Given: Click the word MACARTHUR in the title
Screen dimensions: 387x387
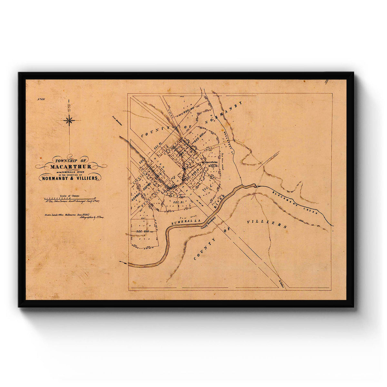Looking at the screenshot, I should point(71,167).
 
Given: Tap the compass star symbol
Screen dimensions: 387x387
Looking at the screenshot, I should point(69,121).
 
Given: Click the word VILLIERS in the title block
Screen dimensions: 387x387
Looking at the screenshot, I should point(87,178).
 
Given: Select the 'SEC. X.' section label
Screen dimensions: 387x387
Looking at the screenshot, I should point(205,188).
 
